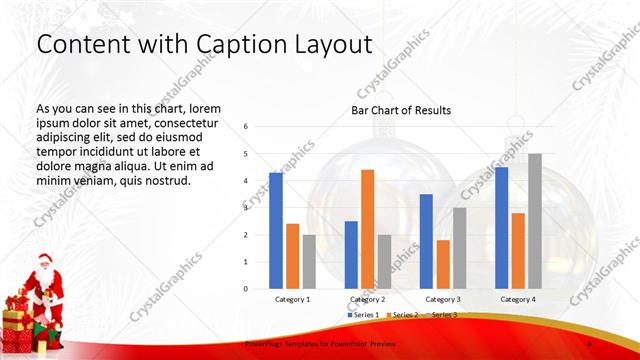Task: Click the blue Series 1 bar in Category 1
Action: tap(276, 230)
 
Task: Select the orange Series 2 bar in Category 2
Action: tap(367, 228)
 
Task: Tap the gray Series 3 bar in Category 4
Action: tap(535, 221)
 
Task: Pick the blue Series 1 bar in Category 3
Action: tap(426, 241)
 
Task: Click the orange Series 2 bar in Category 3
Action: tap(443, 264)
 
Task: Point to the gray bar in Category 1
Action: tap(309, 261)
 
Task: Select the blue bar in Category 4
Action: tap(501, 227)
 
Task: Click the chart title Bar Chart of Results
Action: tap(401, 110)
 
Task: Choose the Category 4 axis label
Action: tap(517, 299)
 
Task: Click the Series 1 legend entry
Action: tap(363, 315)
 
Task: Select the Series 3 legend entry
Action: tap(443, 315)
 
